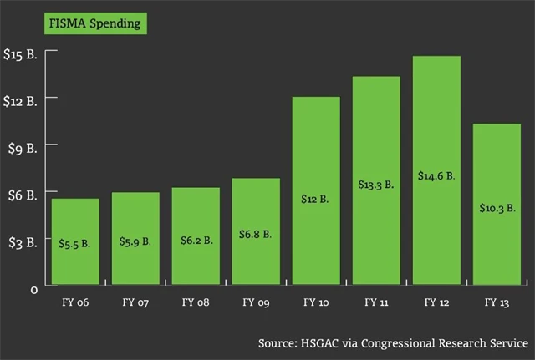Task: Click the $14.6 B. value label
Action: tap(436, 176)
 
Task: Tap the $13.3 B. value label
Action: tap(376, 184)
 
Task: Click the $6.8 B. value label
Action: tap(256, 234)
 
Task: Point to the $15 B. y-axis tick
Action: tap(18, 54)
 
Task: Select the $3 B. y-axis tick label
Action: tap(20, 242)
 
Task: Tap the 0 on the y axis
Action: tap(34, 289)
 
